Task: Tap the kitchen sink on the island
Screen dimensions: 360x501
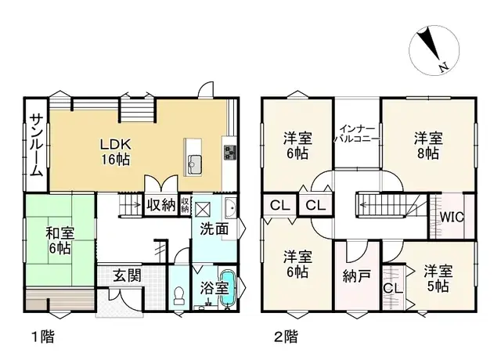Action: [195, 164]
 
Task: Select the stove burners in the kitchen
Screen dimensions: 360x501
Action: [230, 151]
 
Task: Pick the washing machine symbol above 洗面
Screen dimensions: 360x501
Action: [203, 208]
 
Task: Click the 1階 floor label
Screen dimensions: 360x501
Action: [43, 337]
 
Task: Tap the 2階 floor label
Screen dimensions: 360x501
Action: [285, 337]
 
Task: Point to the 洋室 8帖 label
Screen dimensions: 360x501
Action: [428, 146]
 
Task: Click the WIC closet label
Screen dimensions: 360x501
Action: [451, 217]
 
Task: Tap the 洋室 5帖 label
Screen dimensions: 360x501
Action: [438, 279]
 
